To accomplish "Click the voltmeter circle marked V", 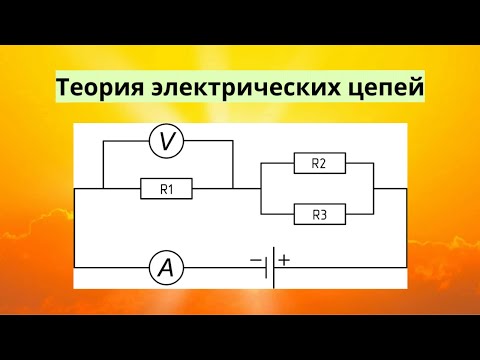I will coord(167,144).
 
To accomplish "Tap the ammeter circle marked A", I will coord(166,267).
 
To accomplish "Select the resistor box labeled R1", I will coord(167,187).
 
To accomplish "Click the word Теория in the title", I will coord(97,89).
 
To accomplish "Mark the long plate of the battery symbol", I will coord(273,267).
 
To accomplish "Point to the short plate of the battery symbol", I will coord(266,267).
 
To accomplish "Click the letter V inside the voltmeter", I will coord(167,144).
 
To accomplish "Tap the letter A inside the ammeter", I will coord(166,267).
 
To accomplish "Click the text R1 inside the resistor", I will coord(167,187).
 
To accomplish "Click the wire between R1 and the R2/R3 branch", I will coord(246,187).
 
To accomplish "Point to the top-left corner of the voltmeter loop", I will coord(103,144).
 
